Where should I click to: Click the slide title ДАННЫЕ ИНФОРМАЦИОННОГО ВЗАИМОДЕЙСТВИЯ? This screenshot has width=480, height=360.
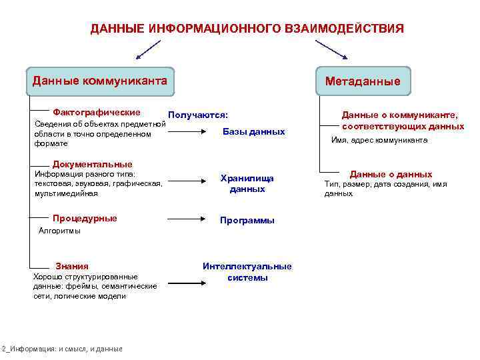pyautogui.click(x=247, y=29)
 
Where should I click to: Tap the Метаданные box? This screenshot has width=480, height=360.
pyautogui.click(x=363, y=81)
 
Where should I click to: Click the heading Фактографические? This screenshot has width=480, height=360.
pyautogui.click(x=96, y=112)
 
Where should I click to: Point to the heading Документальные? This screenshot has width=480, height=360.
pyautogui.click(x=92, y=164)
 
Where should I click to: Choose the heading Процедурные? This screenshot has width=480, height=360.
pyautogui.click(x=85, y=218)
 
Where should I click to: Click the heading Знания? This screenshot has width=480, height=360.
pyautogui.click(x=71, y=265)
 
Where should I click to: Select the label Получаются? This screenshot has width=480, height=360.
pyautogui.click(x=198, y=115)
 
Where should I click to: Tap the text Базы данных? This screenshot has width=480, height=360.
pyautogui.click(x=254, y=131)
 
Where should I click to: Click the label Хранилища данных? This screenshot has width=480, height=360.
pyautogui.click(x=247, y=183)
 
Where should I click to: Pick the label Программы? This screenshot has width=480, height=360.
pyautogui.click(x=247, y=221)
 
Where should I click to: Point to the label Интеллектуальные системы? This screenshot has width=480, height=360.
pyautogui.click(x=247, y=271)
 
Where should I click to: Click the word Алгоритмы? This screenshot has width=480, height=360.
pyautogui.click(x=60, y=231)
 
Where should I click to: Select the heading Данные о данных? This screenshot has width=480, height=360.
pyautogui.click(x=391, y=174)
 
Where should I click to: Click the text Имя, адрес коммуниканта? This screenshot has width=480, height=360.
pyautogui.click(x=379, y=140)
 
